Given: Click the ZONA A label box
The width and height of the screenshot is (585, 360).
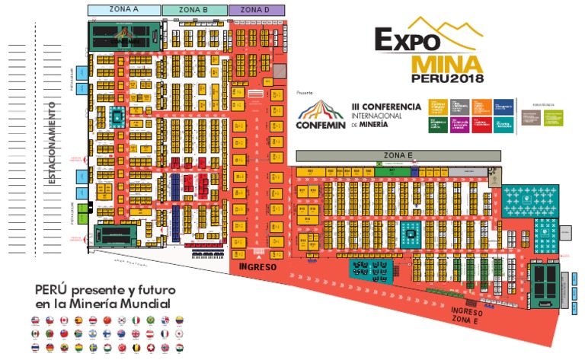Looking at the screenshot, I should [124, 10].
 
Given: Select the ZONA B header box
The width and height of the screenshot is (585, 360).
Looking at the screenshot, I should [195, 10].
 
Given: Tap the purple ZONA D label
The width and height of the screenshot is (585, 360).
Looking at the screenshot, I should [257, 10].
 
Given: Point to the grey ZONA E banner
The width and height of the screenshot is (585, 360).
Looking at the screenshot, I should [392, 155].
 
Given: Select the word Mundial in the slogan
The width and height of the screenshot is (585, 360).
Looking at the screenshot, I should [145, 304].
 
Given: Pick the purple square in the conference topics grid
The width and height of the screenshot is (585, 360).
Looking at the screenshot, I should [459, 125].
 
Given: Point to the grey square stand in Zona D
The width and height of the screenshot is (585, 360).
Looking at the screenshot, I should [280, 71].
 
